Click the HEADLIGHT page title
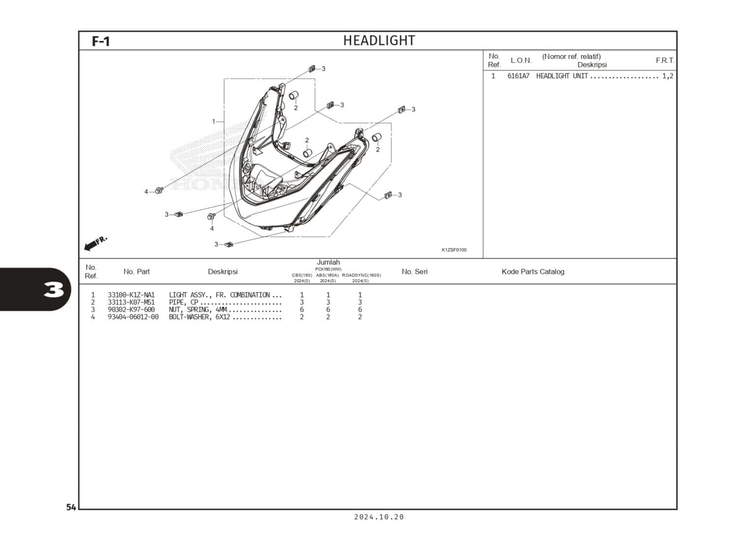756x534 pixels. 378,41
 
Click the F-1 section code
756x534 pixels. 101,41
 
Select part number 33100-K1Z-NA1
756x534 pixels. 131,295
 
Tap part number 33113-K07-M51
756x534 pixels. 131,302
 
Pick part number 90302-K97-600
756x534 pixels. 131,310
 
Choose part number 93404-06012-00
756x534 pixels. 133,317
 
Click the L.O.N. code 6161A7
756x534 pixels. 518,76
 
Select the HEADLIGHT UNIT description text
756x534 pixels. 562,76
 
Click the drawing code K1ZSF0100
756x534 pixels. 454,250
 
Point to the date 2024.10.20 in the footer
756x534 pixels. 378,517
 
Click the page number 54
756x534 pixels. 71,507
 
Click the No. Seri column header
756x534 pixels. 414,272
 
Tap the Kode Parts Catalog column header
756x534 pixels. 533,272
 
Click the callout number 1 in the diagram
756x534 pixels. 214,121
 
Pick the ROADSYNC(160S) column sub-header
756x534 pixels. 361,275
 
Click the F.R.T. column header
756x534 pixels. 664,60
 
